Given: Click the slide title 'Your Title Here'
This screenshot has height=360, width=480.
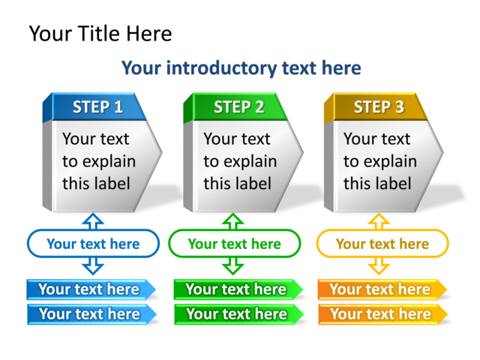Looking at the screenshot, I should tap(100, 34).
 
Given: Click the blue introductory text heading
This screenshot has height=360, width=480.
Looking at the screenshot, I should tap(241, 68).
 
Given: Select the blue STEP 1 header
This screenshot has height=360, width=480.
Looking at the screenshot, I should tap(97, 107).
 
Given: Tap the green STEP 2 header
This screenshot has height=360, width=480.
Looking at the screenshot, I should tap(238, 107).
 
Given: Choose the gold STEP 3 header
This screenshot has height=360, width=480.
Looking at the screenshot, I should tap(379, 107).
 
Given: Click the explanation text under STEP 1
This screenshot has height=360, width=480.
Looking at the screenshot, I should tap(98, 161).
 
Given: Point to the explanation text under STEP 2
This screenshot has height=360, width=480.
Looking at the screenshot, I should tap(239, 161).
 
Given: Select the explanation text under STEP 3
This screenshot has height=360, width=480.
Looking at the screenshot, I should tap(379, 161).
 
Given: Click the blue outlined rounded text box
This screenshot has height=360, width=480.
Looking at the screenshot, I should tap(93, 244).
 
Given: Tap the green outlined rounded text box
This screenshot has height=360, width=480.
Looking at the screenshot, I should tap(234, 244).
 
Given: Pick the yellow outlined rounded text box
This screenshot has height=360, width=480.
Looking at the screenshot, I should tap(382, 244).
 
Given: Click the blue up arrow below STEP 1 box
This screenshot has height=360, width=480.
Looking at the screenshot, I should tap(93, 220).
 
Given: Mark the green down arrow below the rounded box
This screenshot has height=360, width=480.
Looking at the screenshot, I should tap(234, 265).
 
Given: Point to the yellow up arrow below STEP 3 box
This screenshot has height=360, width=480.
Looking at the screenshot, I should tap(379, 220).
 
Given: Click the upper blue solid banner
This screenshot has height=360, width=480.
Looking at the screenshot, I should tap(90, 289).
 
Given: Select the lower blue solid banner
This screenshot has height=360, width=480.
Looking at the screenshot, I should tap(90, 314).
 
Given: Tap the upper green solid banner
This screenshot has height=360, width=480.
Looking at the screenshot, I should tap(237, 289).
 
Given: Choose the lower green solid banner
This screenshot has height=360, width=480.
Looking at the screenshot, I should tap(237, 314).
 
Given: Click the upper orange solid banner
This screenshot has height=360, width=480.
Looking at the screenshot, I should tap(381, 289).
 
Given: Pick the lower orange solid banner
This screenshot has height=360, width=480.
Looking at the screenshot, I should tap(381, 314).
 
